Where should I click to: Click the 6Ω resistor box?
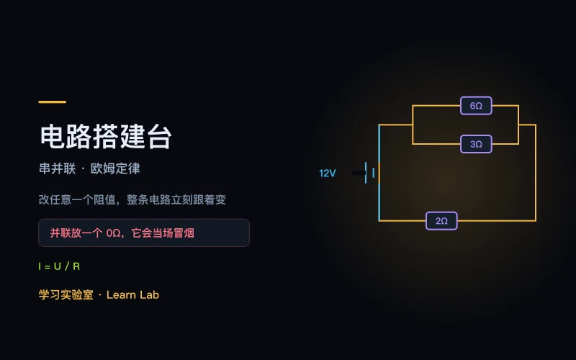pos(476,106)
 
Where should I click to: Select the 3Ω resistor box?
pos(476,144)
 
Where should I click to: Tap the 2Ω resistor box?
pos(441,221)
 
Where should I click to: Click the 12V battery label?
pos(328,173)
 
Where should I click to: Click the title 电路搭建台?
pos(106,137)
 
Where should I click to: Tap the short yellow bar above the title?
pos(52,102)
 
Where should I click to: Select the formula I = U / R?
pos(59,266)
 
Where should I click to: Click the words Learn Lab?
pos(132,294)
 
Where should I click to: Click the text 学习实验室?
pos(66,294)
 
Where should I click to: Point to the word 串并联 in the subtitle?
pos(58,168)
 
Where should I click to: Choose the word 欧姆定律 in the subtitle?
pos(115,168)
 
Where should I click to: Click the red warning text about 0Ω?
pos(122,233)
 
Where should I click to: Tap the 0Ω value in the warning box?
pos(113,233)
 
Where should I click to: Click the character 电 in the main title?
pos(53,137)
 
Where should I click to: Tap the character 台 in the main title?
pos(159,137)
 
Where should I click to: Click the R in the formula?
pos(76,266)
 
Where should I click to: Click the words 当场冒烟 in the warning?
pos(173,233)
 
